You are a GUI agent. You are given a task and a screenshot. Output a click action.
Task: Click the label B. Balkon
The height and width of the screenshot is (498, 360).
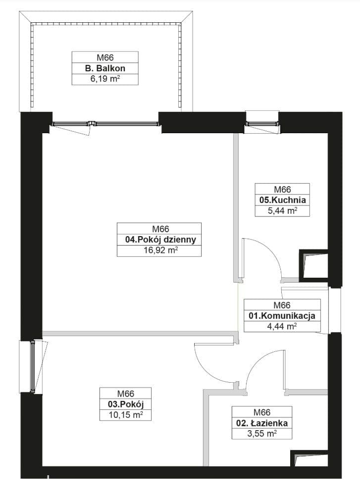click(x=105, y=68)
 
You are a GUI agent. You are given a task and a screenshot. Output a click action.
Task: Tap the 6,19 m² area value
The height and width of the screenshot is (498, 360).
click(x=105, y=79)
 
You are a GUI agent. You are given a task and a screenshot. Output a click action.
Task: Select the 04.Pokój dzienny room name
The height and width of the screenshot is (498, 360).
click(x=161, y=240)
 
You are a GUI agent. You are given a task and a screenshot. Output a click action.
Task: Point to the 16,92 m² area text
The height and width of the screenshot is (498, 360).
click(x=160, y=250)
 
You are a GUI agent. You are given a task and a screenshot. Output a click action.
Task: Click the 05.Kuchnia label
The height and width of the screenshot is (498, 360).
click(x=282, y=200)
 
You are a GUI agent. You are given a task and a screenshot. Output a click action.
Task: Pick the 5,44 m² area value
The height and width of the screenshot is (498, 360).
click(x=282, y=210)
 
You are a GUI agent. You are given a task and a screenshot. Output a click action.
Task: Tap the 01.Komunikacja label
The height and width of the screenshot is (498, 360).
click(x=282, y=316)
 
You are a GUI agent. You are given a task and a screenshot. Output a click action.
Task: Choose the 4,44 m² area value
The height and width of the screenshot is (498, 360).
click(x=282, y=326)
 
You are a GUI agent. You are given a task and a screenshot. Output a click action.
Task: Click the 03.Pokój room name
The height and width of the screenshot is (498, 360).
click(x=126, y=404)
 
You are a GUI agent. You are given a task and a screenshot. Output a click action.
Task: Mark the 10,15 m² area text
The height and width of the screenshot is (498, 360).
click(x=125, y=415)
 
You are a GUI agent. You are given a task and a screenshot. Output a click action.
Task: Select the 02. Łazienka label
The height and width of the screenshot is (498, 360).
click(x=262, y=423)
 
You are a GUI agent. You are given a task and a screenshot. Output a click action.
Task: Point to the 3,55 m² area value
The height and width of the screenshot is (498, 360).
click(x=262, y=434)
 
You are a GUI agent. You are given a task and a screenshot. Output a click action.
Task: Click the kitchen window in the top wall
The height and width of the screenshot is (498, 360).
click(x=262, y=124)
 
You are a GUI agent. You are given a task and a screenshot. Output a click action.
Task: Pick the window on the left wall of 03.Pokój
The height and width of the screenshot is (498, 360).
click(x=32, y=366)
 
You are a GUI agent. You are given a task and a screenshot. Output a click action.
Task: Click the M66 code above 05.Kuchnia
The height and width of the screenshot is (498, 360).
click(x=282, y=189)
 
